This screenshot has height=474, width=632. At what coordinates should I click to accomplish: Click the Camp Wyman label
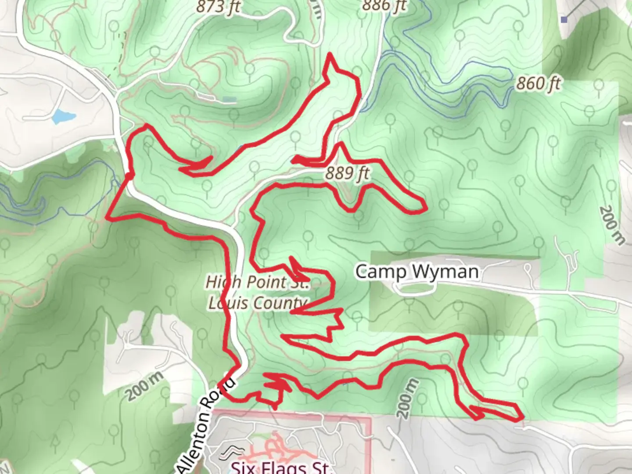[417, 272]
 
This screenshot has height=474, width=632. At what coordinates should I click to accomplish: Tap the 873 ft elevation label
[218, 7]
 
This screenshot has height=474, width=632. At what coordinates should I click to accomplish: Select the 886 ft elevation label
[384, 5]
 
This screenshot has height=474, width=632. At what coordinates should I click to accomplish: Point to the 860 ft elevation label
[539, 83]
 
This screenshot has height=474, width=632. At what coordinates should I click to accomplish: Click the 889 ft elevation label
[347, 173]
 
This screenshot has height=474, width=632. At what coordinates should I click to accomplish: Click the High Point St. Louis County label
[258, 292]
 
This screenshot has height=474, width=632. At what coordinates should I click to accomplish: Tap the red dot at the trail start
[129, 176]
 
